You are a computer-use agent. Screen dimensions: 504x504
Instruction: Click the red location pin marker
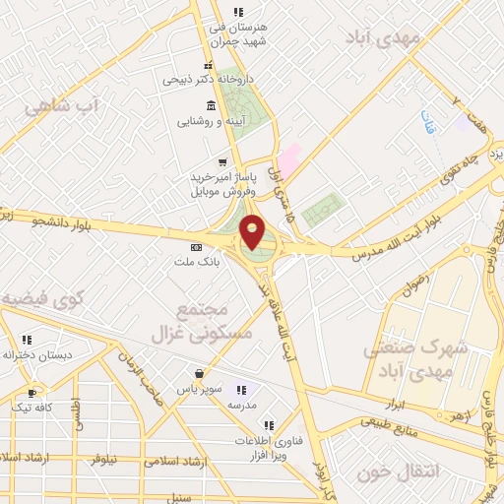(253, 231)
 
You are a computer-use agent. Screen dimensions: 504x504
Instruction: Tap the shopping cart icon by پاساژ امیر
(224, 163)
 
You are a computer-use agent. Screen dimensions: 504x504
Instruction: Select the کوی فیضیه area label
(39, 298)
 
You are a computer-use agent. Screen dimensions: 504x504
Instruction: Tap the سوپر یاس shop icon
(200, 374)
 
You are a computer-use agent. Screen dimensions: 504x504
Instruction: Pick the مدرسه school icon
(242, 390)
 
